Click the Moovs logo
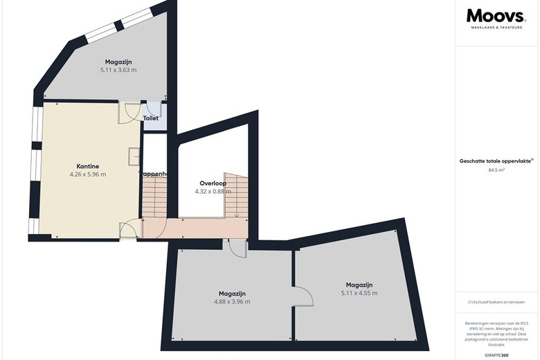(x=496, y=16)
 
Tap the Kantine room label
(x=88, y=166)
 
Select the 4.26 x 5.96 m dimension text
(x=88, y=174)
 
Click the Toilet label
(x=150, y=118)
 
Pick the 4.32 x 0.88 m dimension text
(x=213, y=191)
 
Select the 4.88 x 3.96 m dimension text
(x=231, y=302)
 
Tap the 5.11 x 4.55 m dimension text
(x=359, y=294)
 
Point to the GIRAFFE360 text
(x=496, y=354)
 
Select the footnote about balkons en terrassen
(x=496, y=303)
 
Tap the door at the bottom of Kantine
(x=129, y=230)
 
